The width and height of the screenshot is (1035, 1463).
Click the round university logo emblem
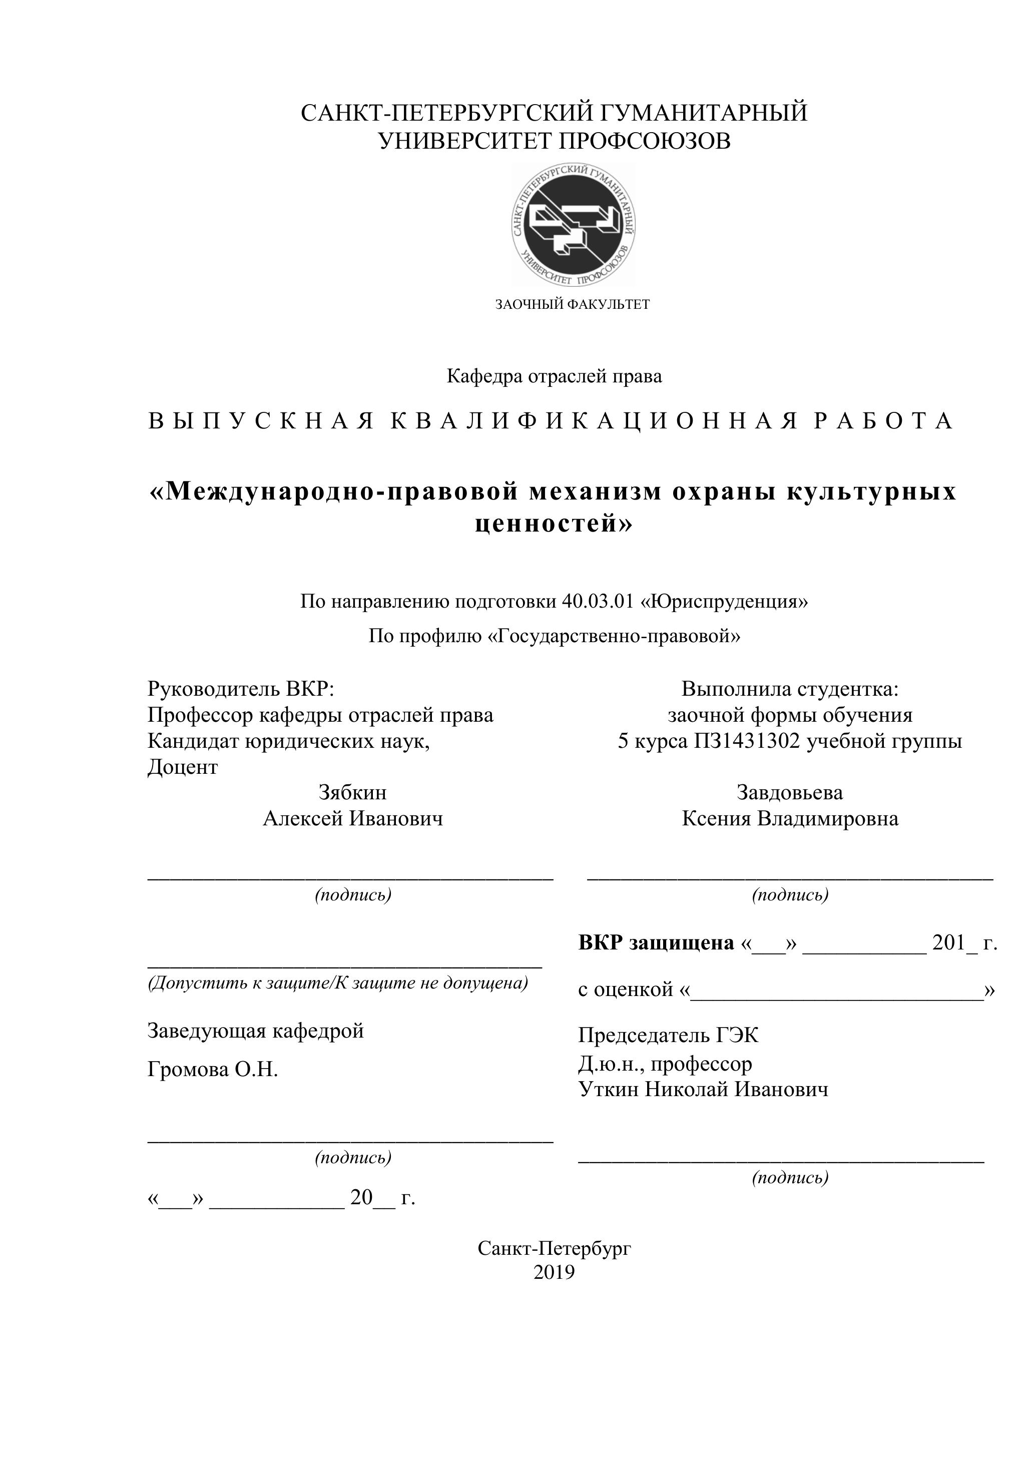[x=573, y=224]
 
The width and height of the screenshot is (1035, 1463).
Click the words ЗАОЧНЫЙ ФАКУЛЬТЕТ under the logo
[x=573, y=305]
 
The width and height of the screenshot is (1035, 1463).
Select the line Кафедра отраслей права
[x=554, y=376]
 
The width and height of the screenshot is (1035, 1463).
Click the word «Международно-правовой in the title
[x=332, y=492]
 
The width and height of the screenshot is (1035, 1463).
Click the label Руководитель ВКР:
[x=241, y=689]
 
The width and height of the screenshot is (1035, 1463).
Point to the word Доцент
[x=182, y=767]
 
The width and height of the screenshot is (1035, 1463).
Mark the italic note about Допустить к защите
[x=338, y=983]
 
